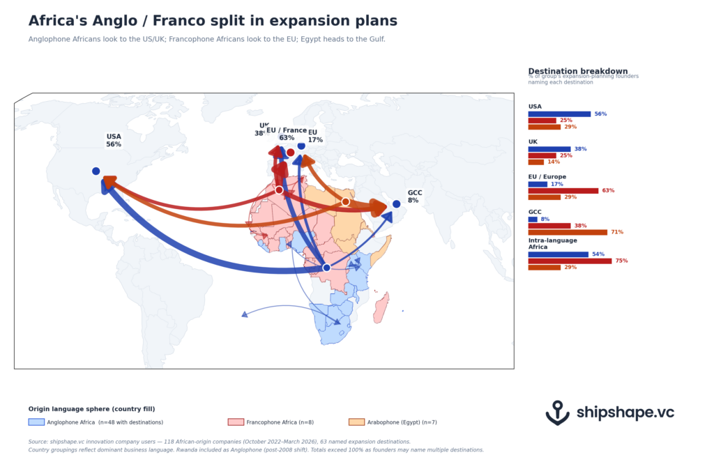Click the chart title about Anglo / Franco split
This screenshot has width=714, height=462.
coord(213,22)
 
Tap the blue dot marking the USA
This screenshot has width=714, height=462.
coord(96,171)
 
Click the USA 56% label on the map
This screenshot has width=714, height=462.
coord(114,140)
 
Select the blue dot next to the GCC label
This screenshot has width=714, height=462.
coord(396,204)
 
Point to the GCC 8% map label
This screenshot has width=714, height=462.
coord(414,197)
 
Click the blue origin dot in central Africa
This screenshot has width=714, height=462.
coord(326,268)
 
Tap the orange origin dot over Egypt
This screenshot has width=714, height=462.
coord(345,202)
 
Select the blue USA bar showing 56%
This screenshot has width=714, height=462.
coord(559,114)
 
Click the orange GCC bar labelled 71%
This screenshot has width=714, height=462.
coord(568,232)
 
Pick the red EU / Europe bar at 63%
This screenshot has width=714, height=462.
coord(563,190)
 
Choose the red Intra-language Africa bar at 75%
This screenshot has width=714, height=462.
coord(570,261)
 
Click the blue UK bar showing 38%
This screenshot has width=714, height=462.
coord(549,148)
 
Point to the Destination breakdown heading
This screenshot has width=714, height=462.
coord(578,71)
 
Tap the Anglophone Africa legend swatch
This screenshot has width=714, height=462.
coord(36,422)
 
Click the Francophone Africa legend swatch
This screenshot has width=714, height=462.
coord(236,422)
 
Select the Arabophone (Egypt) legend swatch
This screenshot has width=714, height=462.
coord(356,422)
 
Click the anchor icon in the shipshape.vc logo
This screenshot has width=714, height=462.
coord(557,413)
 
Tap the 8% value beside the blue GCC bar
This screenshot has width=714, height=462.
coord(545,219)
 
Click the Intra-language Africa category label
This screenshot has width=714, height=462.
coord(552,244)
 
